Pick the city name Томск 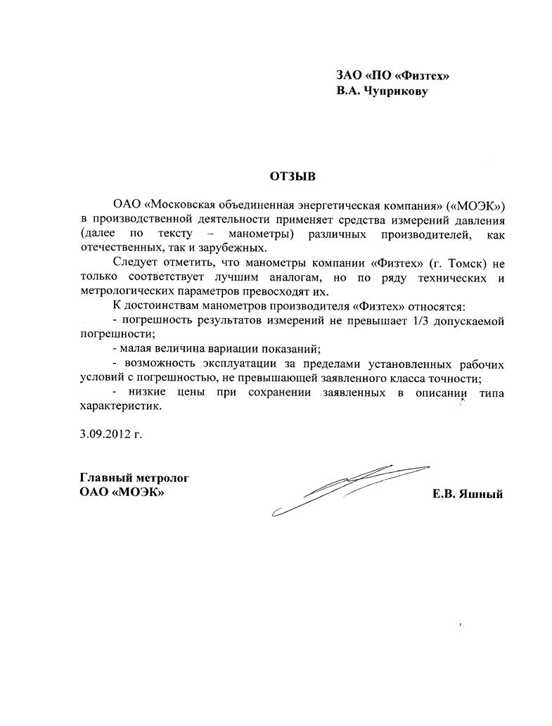click(x=458, y=262)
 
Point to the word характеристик click(x=120, y=406)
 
